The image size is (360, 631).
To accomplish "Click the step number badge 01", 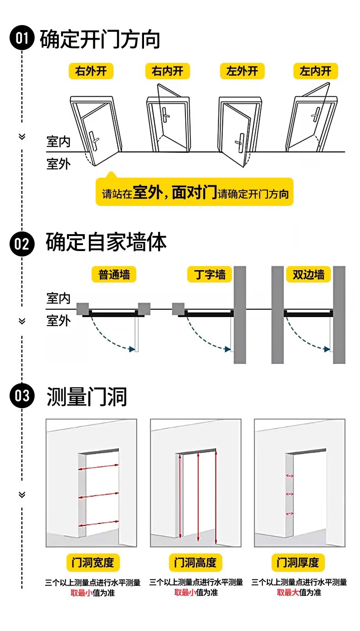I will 22,39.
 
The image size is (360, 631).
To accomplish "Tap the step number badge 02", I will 22,244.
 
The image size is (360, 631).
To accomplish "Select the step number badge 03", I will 22,395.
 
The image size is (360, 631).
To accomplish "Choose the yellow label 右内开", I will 168,72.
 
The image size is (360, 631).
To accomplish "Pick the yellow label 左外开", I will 242,72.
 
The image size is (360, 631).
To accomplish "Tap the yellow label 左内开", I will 315,72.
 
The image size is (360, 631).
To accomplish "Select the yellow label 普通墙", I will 114,275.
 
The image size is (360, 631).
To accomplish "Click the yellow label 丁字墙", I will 210,275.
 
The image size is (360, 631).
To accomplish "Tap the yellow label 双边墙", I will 309,275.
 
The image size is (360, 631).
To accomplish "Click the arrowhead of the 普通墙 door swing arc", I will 132,349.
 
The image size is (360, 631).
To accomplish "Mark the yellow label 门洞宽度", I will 93,563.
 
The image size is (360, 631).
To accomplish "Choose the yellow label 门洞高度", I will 195,563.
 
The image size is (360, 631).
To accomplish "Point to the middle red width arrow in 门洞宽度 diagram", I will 99,495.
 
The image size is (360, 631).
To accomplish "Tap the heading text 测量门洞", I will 87,396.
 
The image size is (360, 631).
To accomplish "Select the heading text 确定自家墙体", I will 106,242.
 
